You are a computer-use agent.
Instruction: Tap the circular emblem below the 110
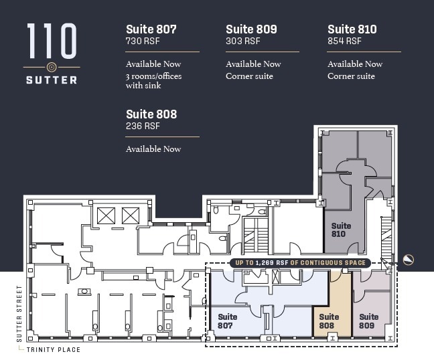point(52,67)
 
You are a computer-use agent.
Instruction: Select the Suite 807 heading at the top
point(151,29)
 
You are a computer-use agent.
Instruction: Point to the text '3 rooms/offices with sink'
point(153,81)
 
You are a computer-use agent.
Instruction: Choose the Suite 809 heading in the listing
point(251,29)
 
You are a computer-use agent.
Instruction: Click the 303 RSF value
point(242,41)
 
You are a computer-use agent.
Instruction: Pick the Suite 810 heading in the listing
point(352,29)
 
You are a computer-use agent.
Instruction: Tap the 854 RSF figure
point(344,41)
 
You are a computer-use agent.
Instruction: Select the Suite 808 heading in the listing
point(151,114)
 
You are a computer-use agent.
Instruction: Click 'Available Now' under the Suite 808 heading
point(153,149)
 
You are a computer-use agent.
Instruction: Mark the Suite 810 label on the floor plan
point(342,230)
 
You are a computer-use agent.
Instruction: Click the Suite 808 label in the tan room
point(329,321)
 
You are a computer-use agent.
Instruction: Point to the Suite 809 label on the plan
point(369,321)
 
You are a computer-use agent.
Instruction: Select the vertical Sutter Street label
point(19,314)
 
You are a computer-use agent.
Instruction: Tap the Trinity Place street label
point(53,350)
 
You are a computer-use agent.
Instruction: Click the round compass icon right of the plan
point(408,260)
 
